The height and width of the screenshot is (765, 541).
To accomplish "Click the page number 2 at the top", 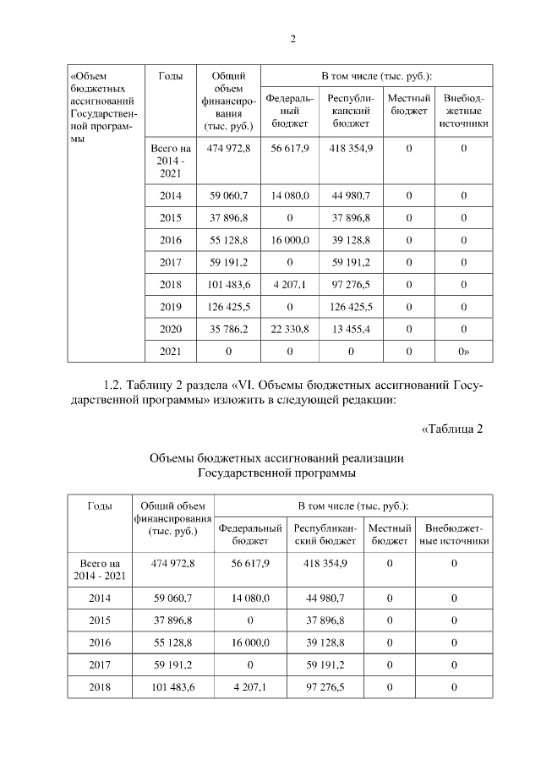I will click(292, 38).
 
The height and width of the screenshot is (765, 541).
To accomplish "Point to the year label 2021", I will click(172, 350).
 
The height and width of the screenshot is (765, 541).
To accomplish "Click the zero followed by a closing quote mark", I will click(463, 350).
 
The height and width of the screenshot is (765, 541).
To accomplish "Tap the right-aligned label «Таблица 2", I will click(451, 428).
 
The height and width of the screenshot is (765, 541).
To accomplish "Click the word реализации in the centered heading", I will click(369, 457).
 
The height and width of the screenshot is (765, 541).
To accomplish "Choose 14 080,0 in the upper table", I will click(290, 196).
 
